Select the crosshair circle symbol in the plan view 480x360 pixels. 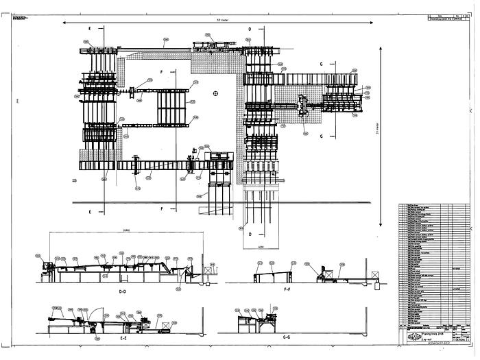(x=215, y=92)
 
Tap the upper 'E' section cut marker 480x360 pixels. (x=90, y=29)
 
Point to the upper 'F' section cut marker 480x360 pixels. (x=162, y=71)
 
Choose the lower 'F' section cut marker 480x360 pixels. (x=162, y=208)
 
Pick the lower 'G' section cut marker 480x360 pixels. (x=320, y=137)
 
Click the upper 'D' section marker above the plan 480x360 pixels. (x=250, y=29)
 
